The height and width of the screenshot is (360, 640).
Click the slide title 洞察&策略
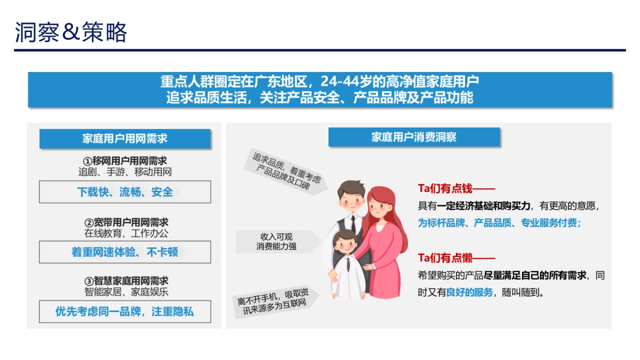tap(71, 33)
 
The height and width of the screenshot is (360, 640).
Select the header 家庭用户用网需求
tap(125, 139)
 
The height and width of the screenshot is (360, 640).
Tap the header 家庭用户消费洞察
tap(414, 137)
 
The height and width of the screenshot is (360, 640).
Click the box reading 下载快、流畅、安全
tap(125, 192)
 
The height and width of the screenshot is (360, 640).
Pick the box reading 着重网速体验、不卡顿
tap(125, 252)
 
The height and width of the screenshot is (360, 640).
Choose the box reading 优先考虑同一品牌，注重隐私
tap(125, 311)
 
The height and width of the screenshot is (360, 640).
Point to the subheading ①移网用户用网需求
tap(125, 161)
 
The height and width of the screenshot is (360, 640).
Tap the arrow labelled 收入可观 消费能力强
tap(277, 242)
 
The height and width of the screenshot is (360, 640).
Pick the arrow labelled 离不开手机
tap(275, 299)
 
